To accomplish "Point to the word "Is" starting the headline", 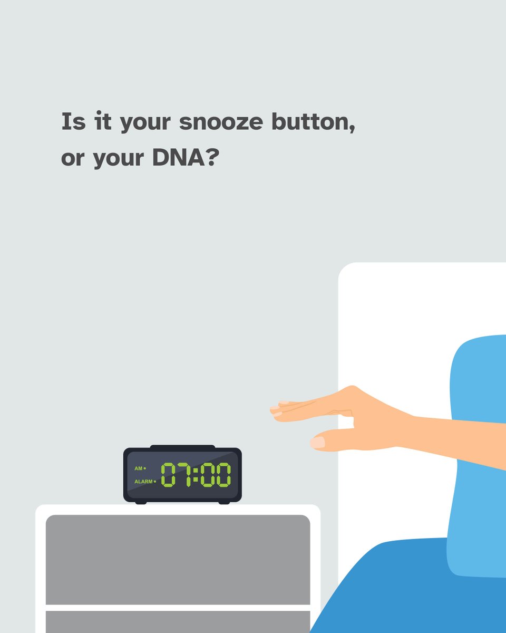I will coord(73,122).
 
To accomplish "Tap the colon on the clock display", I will coord(196,475).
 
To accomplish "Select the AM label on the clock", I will coord(138,468).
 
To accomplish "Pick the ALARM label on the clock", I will coord(143,482).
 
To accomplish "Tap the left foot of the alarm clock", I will coord(141,502).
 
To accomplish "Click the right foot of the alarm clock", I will coord(224,502).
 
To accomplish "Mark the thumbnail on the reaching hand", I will coord(317,442).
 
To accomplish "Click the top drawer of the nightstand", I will coord(178,559).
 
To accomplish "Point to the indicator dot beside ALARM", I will coord(154,482).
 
